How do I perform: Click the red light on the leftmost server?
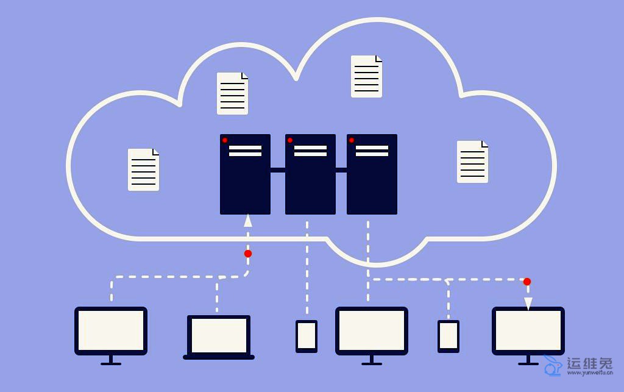tap(225, 140)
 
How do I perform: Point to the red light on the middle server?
tap(290, 140)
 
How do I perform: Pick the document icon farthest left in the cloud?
tap(144, 169)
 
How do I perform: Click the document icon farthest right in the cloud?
tap(472, 162)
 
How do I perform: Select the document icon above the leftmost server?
tap(232, 93)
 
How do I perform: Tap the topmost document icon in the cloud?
tap(366, 76)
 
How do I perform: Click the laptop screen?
tap(219, 335)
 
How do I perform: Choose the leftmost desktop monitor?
tap(111, 330)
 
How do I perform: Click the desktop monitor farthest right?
tap(528, 330)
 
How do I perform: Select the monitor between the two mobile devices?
tap(372, 330)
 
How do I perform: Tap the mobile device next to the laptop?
tap(307, 336)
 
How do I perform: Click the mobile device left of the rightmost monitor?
tap(448, 336)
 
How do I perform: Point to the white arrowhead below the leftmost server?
tap(248, 220)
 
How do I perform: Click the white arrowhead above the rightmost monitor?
tap(528, 303)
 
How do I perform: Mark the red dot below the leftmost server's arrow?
tap(248, 254)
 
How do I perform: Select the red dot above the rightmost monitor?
tap(527, 282)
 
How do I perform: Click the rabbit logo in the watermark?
tap(553, 365)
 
